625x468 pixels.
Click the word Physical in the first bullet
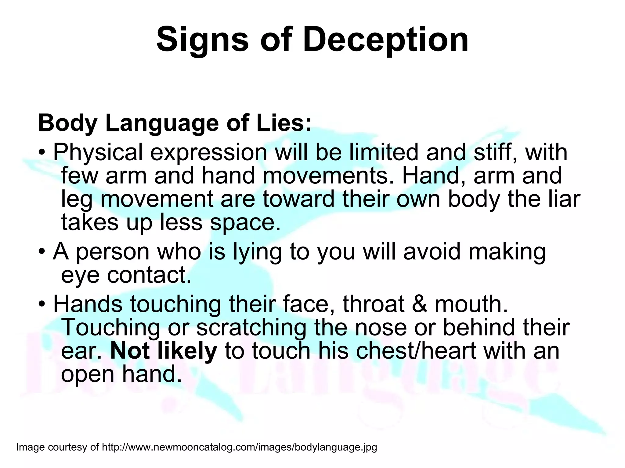tap(98, 153)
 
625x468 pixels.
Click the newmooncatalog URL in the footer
tap(239, 447)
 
